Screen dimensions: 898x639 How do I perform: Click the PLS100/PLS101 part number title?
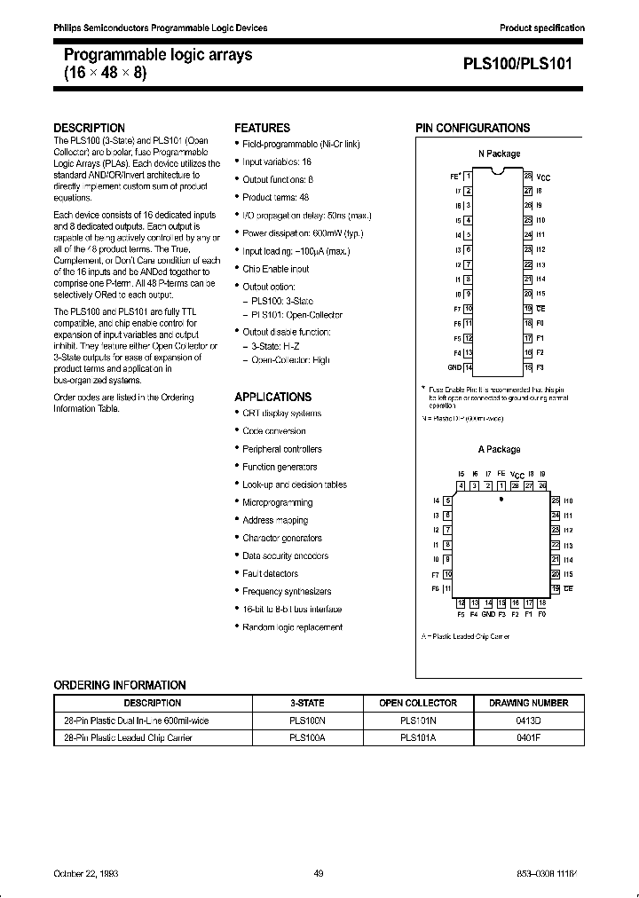(524, 64)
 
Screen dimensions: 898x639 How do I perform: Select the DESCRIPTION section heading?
(90, 128)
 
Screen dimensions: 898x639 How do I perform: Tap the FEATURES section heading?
(262, 128)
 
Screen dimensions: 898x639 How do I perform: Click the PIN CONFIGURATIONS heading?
(473, 128)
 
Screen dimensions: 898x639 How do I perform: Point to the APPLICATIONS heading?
(272, 397)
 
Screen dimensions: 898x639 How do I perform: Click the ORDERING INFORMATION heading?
(120, 685)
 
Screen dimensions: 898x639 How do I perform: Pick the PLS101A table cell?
(417, 737)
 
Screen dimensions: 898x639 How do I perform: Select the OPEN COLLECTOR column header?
(417, 703)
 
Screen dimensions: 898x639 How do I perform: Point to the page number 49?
(319, 873)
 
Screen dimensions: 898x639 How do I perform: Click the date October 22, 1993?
(86, 873)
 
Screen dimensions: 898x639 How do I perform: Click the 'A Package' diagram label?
(499, 449)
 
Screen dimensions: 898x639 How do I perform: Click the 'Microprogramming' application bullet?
(277, 502)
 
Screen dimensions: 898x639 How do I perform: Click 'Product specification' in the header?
(542, 28)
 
